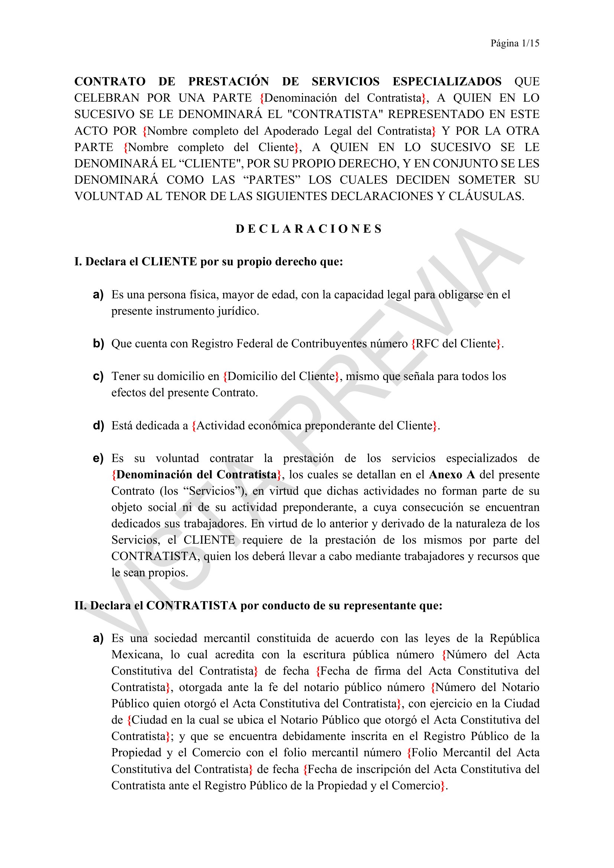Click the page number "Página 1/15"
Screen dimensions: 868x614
click(x=515, y=43)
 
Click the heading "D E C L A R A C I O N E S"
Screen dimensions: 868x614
click(x=308, y=229)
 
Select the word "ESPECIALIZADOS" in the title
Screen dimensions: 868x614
click(x=447, y=81)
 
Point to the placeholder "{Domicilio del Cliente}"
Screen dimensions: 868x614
click(x=281, y=376)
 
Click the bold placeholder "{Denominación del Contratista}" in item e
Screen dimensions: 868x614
click(x=196, y=475)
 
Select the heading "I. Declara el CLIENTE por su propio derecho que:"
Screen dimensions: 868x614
click(x=208, y=262)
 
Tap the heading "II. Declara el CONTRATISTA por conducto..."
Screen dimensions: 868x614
click(x=258, y=605)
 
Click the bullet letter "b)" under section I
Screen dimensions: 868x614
click(x=98, y=343)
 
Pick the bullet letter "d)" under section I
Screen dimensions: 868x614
click(x=98, y=425)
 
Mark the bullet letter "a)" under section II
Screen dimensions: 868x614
click(x=98, y=638)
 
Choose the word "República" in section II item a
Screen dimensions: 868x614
click(x=514, y=638)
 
